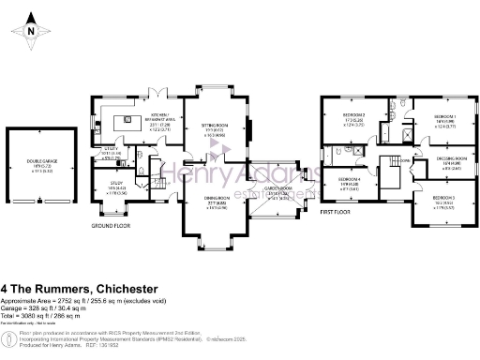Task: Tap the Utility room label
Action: pyautogui.click(x=110, y=151)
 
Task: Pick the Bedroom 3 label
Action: pyautogui.click(x=444, y=201)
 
